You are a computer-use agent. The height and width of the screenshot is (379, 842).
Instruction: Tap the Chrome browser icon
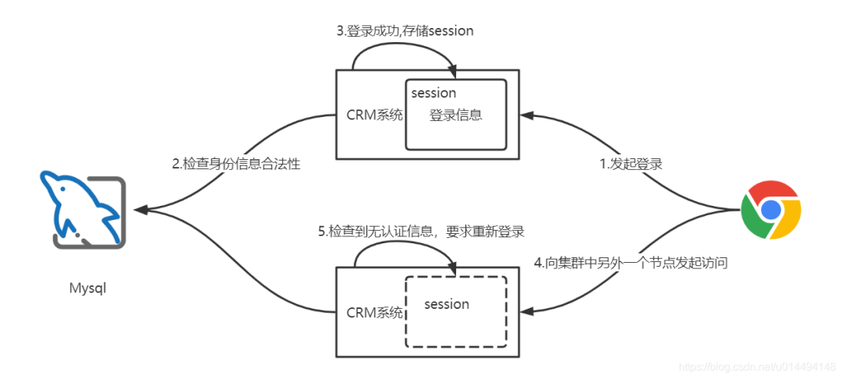pyautogui.click(x=771, y=209)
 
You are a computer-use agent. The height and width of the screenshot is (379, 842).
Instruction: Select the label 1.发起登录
pyautogui.click(x=631, y=165)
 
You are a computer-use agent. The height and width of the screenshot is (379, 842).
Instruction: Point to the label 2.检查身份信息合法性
pyautogui.click(x=236, y=165)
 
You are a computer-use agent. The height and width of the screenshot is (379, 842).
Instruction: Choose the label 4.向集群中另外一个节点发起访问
pyautogui.click(x=631, y=263)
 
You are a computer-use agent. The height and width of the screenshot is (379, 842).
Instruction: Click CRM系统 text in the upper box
pyautogui.click(x=374, y=115)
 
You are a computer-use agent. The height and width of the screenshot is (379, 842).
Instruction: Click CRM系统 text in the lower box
pyautogui.click(x=374, y=312)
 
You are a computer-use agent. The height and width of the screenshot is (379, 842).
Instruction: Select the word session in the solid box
pyautogui.click(x=433, y=94)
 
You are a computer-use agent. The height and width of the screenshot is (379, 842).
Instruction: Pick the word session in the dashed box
pyautogui.click(x=447, y=304)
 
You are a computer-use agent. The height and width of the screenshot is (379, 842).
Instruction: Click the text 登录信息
pyautogui.click(x=455, y=115)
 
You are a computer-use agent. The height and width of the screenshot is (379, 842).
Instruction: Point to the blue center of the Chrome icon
pyautogui.click(x=771, y=209)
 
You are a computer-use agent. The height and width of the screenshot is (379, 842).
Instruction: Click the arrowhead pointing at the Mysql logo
pyautogui.click(x=140, y=210)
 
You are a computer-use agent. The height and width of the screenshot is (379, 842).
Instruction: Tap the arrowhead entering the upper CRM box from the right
pyautogui.click(x=527, y=115)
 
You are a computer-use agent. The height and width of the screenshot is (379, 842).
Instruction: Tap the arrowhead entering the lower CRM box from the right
pyautogui.click(x=527, y=311)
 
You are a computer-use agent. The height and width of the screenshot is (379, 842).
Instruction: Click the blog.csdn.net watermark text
pyautogui.click(x=756, y=366)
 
